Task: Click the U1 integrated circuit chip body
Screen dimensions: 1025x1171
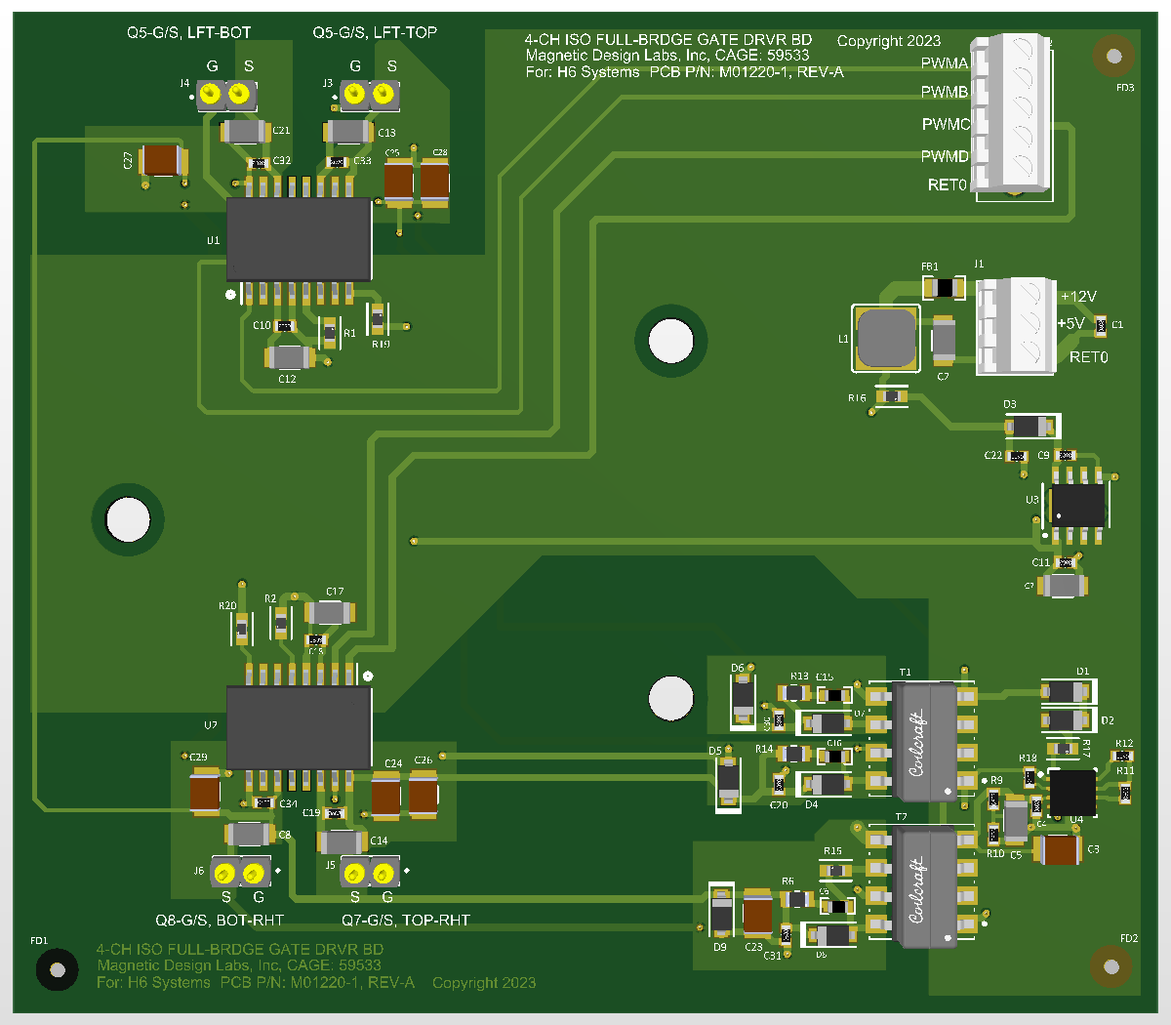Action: (299, 239)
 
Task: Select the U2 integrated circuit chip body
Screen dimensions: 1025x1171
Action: (299, 727)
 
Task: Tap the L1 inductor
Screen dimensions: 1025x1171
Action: (886, 338)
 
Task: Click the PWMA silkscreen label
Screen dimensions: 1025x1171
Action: (945, 63)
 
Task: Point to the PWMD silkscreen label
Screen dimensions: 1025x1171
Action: (945, 156)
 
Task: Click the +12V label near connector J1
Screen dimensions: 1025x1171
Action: (1078, 297)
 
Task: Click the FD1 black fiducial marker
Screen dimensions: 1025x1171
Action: (58, 969)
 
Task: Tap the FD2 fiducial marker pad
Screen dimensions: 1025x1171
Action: (1110, 966)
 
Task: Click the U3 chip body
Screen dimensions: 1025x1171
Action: (1077, 506)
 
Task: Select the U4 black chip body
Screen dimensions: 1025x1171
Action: (1071, 792)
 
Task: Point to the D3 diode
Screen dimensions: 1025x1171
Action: (1030, 427)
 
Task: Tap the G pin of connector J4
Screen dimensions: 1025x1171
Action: (211, 95)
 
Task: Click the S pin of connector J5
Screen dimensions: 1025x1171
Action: (355, 872)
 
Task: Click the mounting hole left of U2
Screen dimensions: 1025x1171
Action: (128, 518)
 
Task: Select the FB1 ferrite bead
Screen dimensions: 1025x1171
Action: (944, 288)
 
